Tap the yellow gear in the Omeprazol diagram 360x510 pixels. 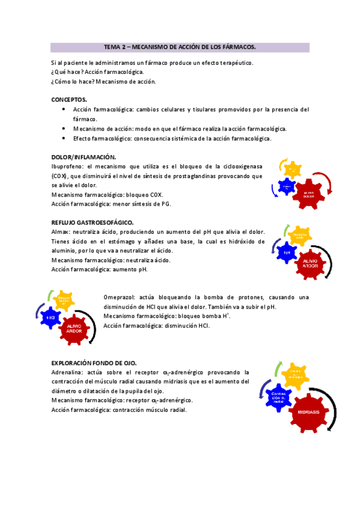pyautogui.click(x=64, y=299)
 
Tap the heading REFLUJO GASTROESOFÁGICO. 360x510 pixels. pyautogui.click(x=92, y=222)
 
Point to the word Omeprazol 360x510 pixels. pyautogui.click(x=120, y=297)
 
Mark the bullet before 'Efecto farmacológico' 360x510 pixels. pyautogui.click(x=64, y=138)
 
